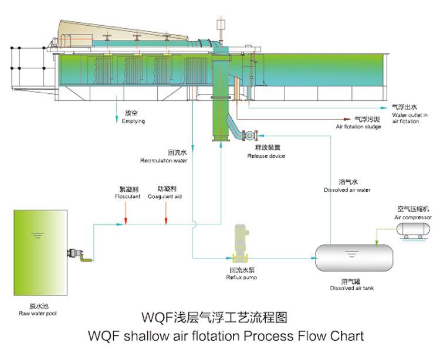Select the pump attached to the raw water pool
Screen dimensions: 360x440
click(77, 254)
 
